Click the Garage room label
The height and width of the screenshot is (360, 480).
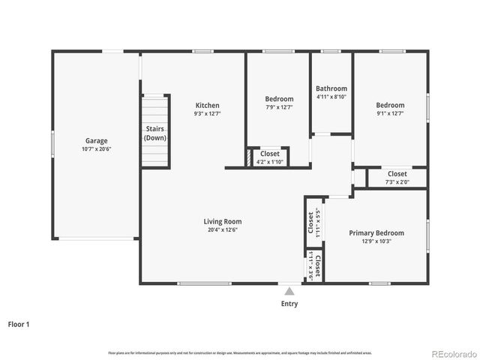(96, 140)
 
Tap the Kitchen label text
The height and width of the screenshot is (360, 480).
(207, 105)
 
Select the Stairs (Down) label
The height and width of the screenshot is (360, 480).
(155, 133)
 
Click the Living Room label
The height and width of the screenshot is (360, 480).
(223, 221)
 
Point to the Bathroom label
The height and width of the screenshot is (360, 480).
(331, 88)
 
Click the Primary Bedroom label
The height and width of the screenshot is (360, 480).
(376, 232)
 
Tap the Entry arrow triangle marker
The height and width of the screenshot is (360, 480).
(289, 290)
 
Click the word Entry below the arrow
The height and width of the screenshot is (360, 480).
(289, 304)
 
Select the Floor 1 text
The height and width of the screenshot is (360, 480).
(19, 325)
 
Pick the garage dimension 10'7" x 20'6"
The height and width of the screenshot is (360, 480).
(96, 149)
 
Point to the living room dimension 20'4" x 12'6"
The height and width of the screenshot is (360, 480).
(223, 230)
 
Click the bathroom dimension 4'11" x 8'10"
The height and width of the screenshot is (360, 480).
(331, 97)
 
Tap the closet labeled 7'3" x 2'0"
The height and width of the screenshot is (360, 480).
(397, 182)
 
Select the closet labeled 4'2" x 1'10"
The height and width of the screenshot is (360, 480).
(269, 162)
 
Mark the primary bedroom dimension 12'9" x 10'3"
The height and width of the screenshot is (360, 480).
(376, 241)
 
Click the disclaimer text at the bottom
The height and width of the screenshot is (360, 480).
(239, 352)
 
